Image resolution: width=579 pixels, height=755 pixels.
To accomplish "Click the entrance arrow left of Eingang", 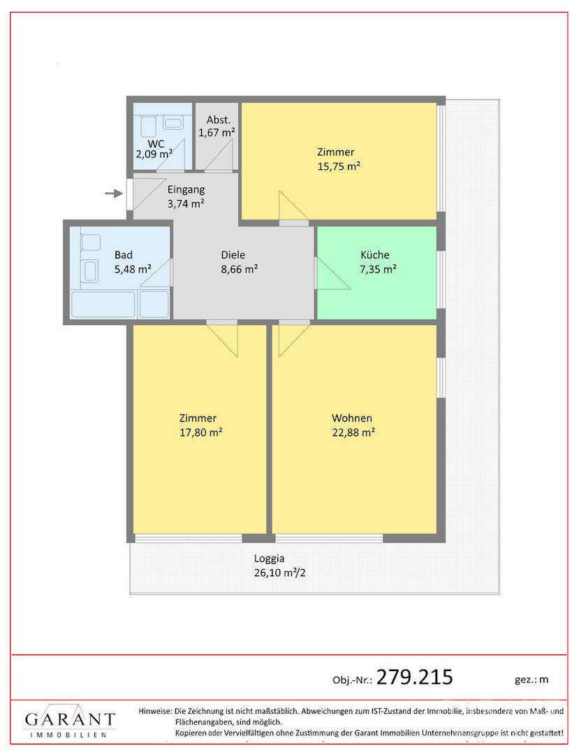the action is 113,194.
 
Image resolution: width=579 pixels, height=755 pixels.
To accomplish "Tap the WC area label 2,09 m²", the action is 154,154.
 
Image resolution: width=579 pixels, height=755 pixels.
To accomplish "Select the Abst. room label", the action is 219,120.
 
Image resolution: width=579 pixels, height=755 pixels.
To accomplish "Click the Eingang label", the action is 186,189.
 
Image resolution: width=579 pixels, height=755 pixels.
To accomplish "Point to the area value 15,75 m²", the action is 339,166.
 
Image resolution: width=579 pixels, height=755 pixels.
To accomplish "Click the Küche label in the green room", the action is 375,254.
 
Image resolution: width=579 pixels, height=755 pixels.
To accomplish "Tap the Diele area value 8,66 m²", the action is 240,269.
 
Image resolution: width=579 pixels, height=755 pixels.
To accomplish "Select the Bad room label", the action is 124,254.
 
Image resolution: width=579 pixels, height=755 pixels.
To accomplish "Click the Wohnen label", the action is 352,418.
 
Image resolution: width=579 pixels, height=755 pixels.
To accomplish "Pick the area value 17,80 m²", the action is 201,433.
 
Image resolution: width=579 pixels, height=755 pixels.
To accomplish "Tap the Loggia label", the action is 270,559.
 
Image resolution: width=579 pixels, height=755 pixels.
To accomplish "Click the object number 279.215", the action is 415,677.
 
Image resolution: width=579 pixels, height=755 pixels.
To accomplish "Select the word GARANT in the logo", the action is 71,719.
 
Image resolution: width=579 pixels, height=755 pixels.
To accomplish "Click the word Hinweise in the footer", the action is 155,711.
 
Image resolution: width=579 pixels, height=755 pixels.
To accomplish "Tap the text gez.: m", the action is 532,679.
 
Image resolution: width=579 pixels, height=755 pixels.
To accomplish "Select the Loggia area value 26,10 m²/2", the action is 280,573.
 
